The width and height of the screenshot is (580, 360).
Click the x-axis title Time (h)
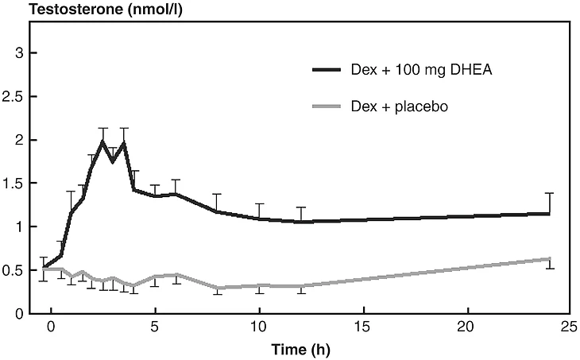(302, 347)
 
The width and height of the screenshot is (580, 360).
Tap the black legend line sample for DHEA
(326, 69)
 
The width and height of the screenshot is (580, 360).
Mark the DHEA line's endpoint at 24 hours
(550, 213)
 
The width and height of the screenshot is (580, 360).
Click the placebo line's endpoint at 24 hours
(550, 258)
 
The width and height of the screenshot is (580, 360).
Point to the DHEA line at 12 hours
(301, 222)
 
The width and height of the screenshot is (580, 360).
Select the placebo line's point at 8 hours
(218, 288)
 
